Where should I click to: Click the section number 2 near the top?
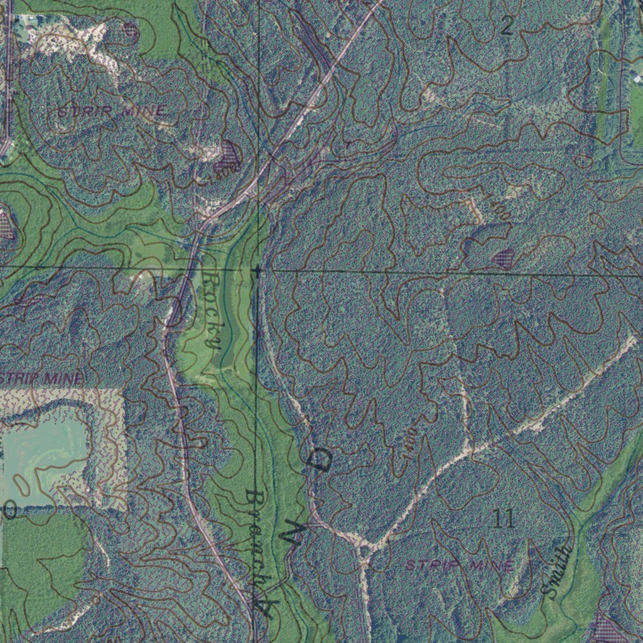tap(507, 26)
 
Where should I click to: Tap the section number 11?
tap(504, 519)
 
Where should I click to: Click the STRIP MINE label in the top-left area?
tap(112, 112)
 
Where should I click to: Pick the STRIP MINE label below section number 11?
tap(459, 565)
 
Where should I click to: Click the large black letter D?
tap(321, 461)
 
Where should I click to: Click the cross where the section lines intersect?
tap(257, 270)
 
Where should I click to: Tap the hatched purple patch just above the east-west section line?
tap(503, 257)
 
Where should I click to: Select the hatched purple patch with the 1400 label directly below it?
tap(227, 153)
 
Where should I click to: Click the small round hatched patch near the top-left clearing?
tap(131, 28)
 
